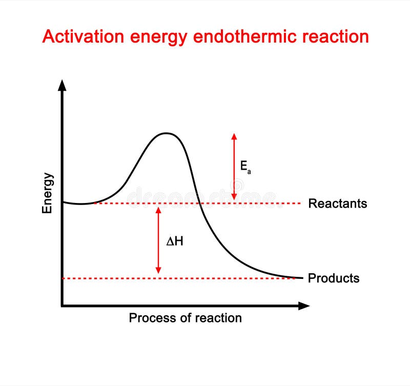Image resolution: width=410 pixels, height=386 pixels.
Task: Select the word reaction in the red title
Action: tap(335, 37)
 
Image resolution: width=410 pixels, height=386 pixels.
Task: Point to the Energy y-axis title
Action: tap(48, 193)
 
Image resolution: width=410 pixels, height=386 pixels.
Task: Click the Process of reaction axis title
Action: tap(185, 318)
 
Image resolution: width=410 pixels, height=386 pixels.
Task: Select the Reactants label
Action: tap(337, 204)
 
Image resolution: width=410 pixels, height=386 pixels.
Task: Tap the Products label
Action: tap(333, 278)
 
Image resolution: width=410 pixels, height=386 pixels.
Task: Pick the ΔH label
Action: tap(175, 241)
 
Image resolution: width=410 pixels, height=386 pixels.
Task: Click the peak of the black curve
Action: tap(166, 133)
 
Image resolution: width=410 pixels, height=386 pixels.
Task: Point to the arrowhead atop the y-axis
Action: tap(62, 85)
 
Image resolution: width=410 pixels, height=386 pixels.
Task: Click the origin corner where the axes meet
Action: tap(62, 306)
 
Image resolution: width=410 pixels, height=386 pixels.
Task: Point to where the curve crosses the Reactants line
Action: tap(199, 204)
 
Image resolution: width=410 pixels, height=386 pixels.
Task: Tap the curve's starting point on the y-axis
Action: tap(63, 202)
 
